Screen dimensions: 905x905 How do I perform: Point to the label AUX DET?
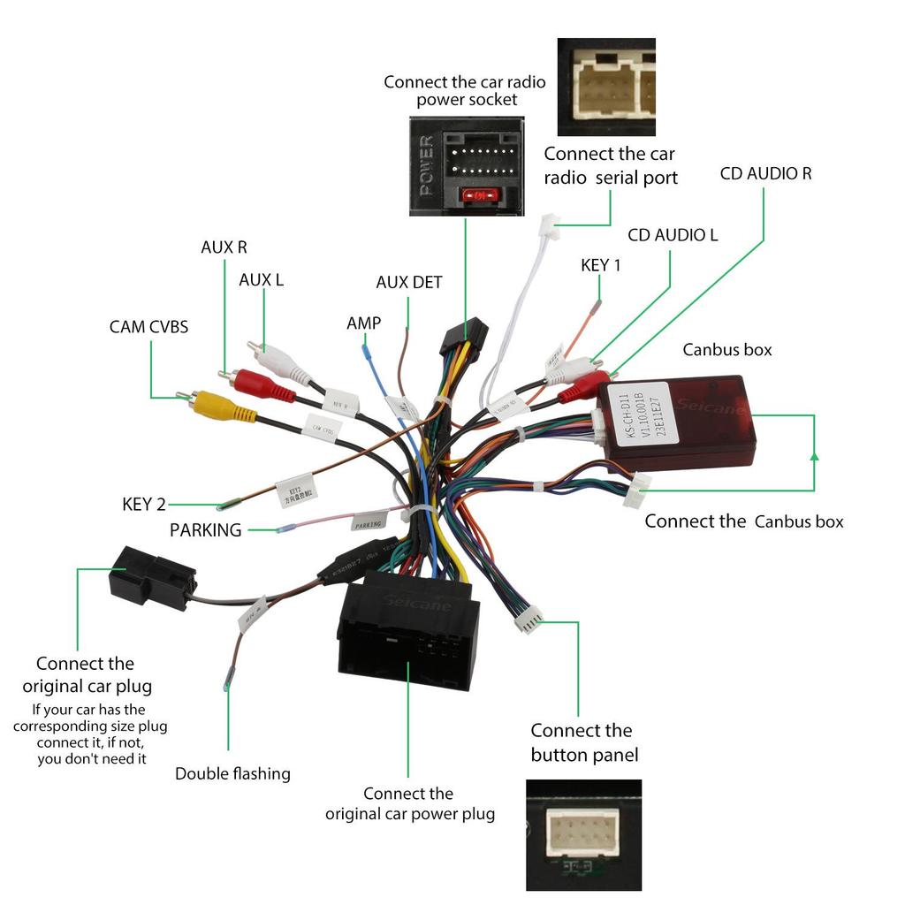[408, 283]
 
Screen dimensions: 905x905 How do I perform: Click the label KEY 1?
[600, 265]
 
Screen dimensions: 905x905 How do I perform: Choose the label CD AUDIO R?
[765, 173]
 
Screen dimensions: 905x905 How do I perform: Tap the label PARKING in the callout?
[205, 530]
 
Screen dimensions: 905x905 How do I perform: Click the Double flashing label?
[232, 774]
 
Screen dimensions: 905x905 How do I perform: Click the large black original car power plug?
[408, 632]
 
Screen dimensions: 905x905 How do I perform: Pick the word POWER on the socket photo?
[427, 165]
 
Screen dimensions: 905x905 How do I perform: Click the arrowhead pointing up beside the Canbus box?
[814, 457]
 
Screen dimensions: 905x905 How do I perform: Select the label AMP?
[363, 323]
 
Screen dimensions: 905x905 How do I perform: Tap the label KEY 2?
[143, 505]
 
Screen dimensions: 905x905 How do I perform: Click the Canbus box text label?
[726, 350]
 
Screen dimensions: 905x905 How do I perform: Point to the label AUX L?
[261, 280]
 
